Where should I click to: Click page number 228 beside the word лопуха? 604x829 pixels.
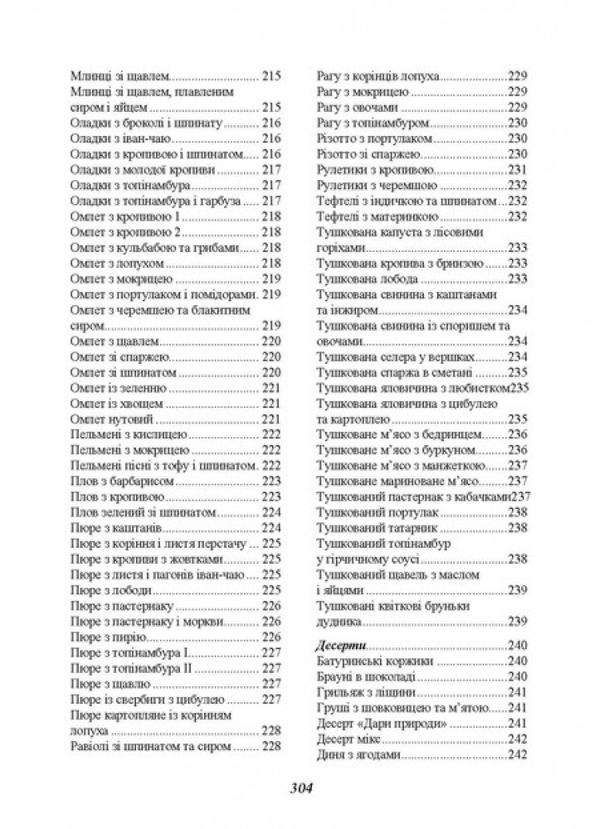coord(271,731)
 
